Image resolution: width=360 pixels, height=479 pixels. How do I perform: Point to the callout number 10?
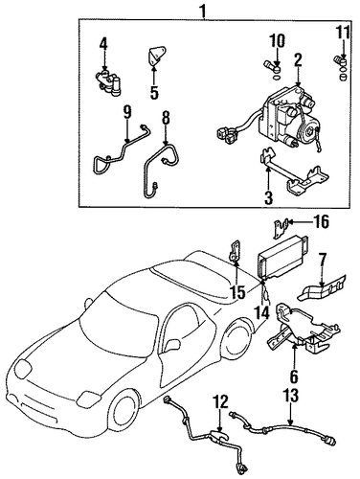277,41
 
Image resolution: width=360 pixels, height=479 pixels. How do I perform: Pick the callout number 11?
342,33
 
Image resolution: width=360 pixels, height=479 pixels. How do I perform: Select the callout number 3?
268,197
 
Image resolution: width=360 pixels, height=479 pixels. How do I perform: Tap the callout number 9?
126,113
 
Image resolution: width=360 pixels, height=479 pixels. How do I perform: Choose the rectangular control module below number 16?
281,258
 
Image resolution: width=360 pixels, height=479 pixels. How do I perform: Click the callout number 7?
322,260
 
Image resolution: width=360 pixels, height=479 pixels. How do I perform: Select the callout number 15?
238,292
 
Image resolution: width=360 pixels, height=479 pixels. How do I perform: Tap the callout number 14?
264,311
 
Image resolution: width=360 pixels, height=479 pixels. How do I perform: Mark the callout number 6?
294,376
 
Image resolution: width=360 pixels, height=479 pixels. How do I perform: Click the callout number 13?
290,396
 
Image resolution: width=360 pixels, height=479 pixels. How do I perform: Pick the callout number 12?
221,401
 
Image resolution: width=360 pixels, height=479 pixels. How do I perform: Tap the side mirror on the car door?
172,345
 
